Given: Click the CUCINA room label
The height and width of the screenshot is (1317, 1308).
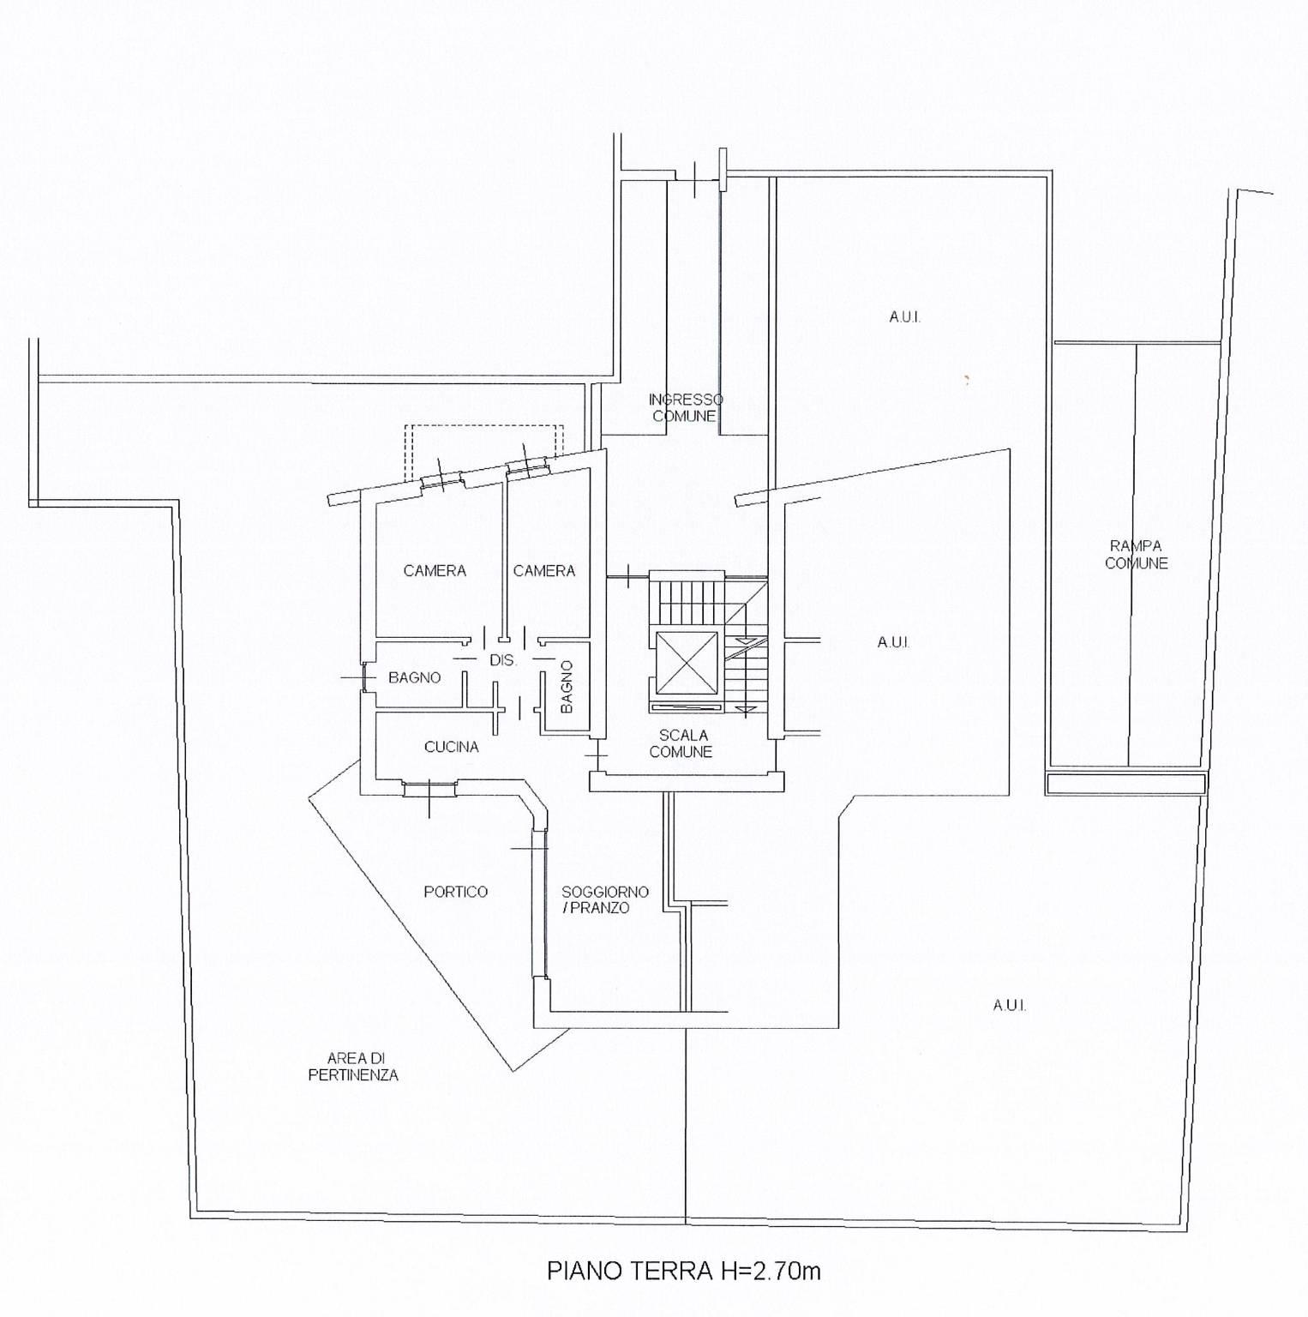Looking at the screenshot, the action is tap(452, 747).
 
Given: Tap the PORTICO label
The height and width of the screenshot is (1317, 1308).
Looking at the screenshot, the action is tap(456, 892).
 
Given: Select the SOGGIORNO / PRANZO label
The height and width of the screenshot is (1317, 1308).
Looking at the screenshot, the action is tap(605, 899).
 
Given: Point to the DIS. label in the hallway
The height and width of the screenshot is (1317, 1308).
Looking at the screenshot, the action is tap(503, 661).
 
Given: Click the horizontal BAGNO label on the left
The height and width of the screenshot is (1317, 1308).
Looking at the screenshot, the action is tap(415, 677).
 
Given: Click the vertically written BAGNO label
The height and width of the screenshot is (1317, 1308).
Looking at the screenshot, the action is tap(567, 687).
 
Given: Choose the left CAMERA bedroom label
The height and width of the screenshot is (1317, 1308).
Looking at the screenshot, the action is tap(435, 570).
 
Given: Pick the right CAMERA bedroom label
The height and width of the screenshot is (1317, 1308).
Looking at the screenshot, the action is tap(544, 570).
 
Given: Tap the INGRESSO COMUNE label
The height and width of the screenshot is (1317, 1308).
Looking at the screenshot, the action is tap(686, 408).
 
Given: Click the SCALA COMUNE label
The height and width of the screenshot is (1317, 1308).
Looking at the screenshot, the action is tap(681, 743).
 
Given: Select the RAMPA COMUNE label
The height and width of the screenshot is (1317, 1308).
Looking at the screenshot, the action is tap(1137, 555).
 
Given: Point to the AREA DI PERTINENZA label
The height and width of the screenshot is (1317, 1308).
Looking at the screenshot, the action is tap(354, 1067).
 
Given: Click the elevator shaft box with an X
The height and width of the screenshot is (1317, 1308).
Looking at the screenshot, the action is tap(686, 662).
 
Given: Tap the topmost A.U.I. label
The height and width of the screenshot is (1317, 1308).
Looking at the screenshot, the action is tap(905, 317).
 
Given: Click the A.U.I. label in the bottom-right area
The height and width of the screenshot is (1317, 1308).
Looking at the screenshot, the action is tap(1010, 1006).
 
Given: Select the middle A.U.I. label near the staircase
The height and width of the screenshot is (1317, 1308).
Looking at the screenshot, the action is tap(893, 642).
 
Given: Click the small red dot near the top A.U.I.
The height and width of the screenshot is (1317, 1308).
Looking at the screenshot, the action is tap(966, 378).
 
